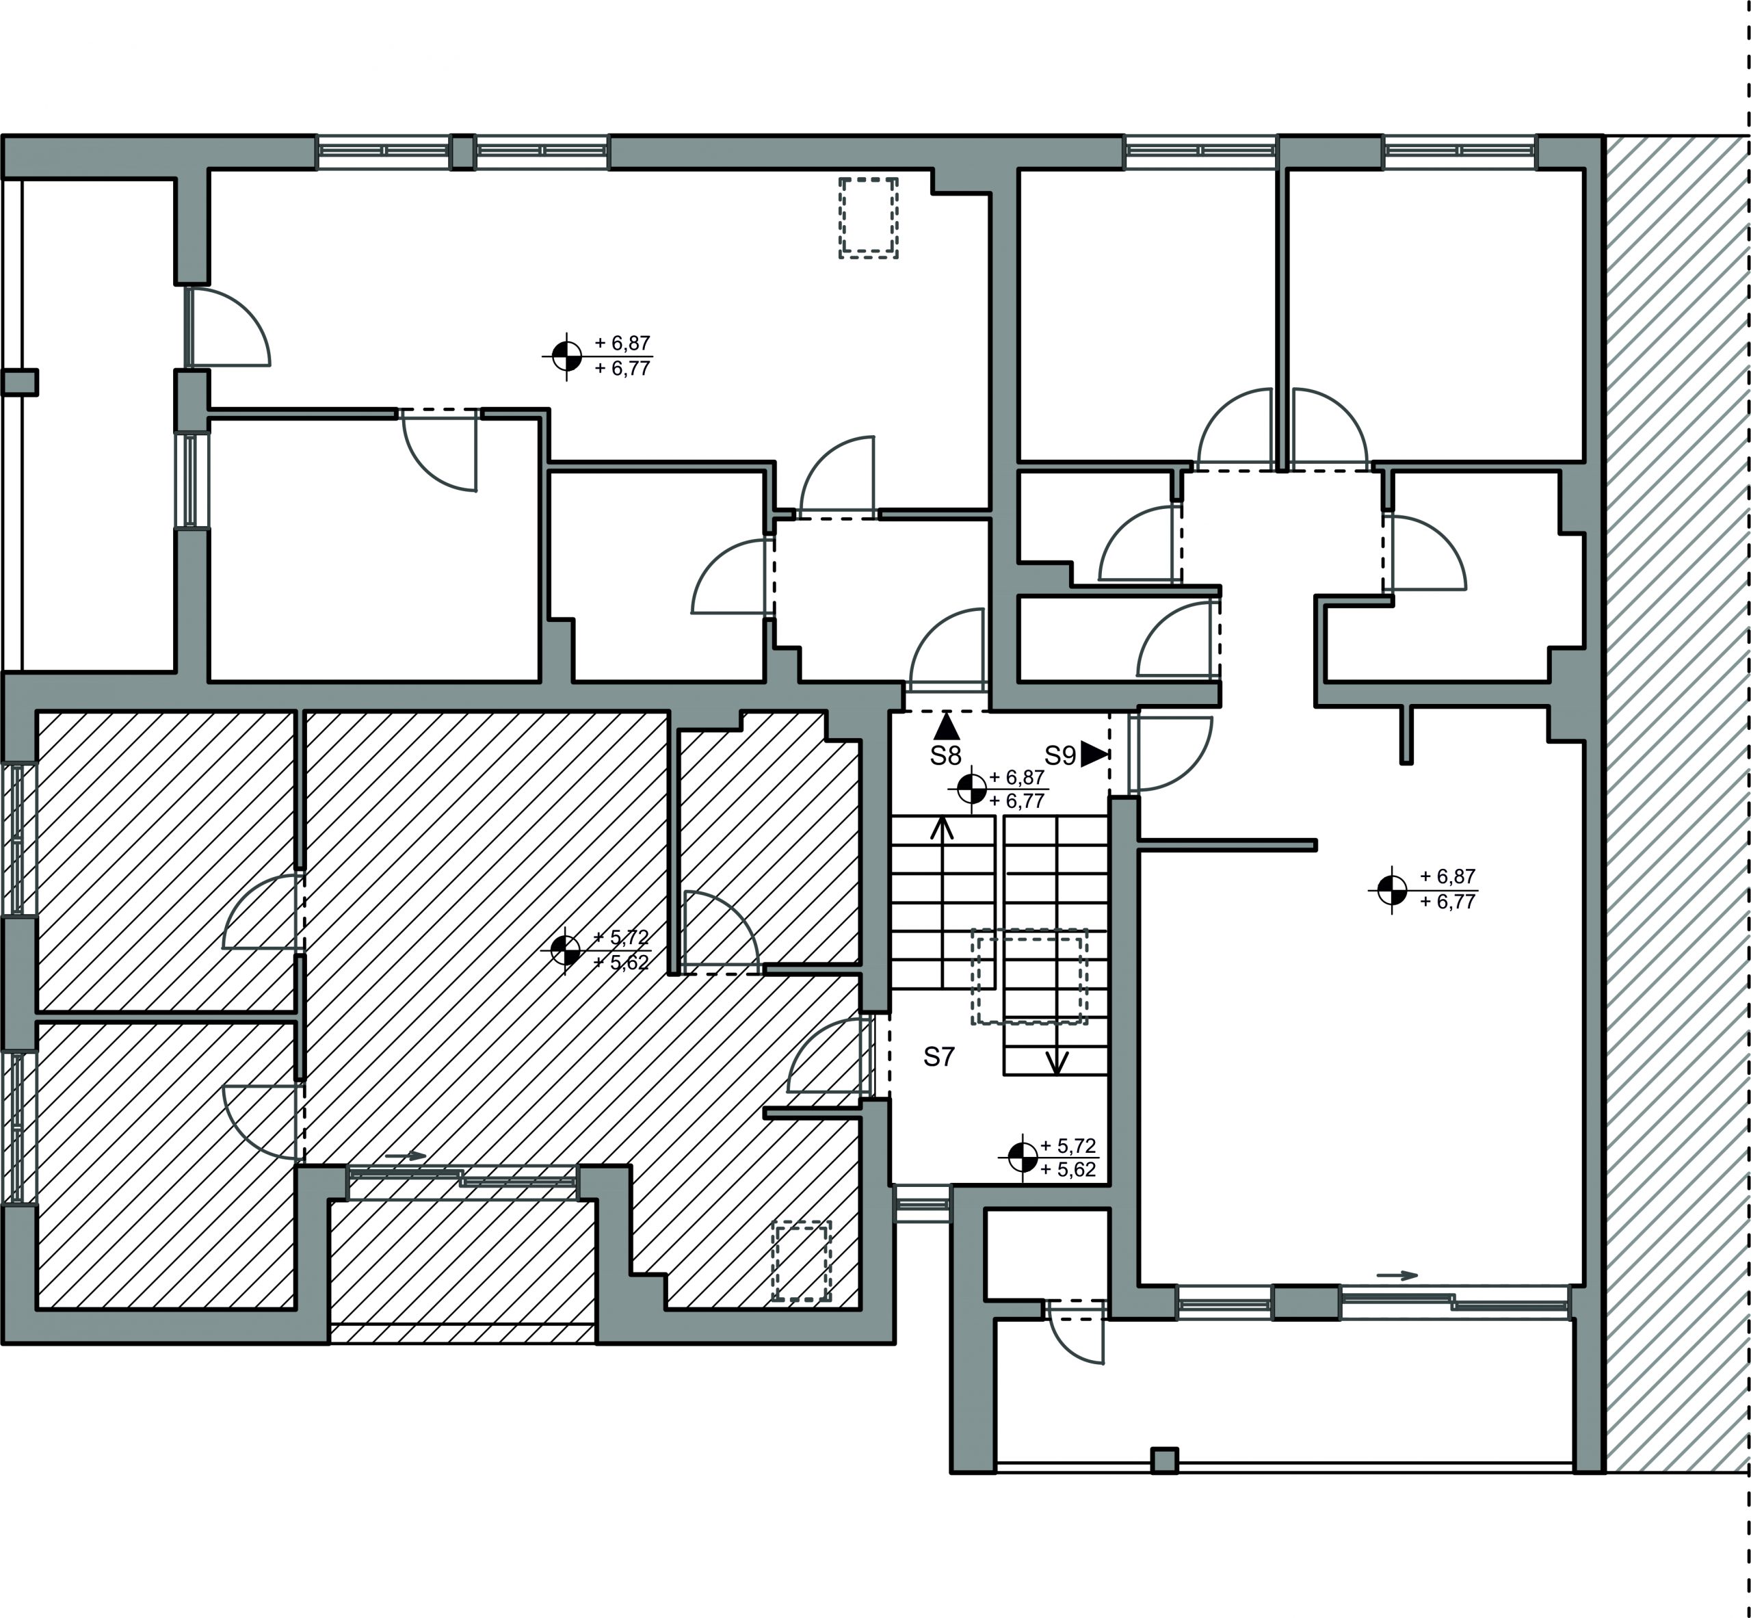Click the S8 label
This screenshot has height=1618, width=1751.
(x=945, y=755)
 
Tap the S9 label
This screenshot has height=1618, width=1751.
(x=1059, y=755)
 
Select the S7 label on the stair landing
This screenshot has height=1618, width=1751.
(x=938, y=1058)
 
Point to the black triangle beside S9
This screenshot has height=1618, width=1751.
(x=1092, y=755)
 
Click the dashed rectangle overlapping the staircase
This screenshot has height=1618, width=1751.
(x=1029, y=976)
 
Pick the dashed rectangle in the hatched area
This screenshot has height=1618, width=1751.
(x=801, y=1262)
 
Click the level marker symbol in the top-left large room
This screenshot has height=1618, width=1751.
(x=566, y=356)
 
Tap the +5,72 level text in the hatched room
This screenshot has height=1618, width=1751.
(x=621, y=938)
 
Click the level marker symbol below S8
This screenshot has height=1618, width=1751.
(x=970, y=789)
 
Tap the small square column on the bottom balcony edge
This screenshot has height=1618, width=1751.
(x=1163, y=1461)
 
